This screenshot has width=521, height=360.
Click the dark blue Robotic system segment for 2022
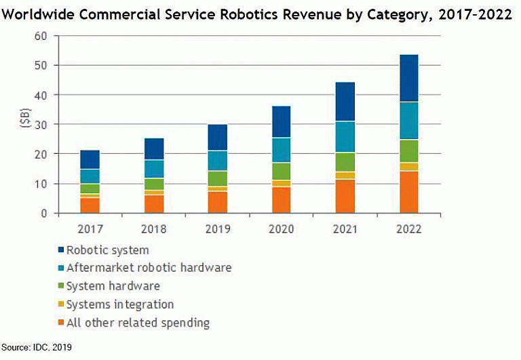pyautogui.click(x=408, y=78)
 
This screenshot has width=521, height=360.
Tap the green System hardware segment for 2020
pyautogui.click(x=281, y=172)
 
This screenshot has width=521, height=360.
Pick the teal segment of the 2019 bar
pyautogui.click(x=217, y=160)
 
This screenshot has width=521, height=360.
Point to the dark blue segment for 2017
pyautogui.click(x=90, y=159)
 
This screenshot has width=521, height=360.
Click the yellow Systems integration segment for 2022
pyautogui.click(x=408, y=167)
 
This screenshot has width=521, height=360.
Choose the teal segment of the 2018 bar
pyautogui.click(x=153, y=169)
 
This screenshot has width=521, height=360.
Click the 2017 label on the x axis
pyautogui.click(x=90, y=228)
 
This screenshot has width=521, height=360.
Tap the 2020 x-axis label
pyautogui.click(x=281, y=228)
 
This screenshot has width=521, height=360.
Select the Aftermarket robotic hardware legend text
pyautogui.click(x=149, y=268)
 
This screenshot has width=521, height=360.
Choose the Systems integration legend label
pyautogui.click(x=120, y=305)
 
